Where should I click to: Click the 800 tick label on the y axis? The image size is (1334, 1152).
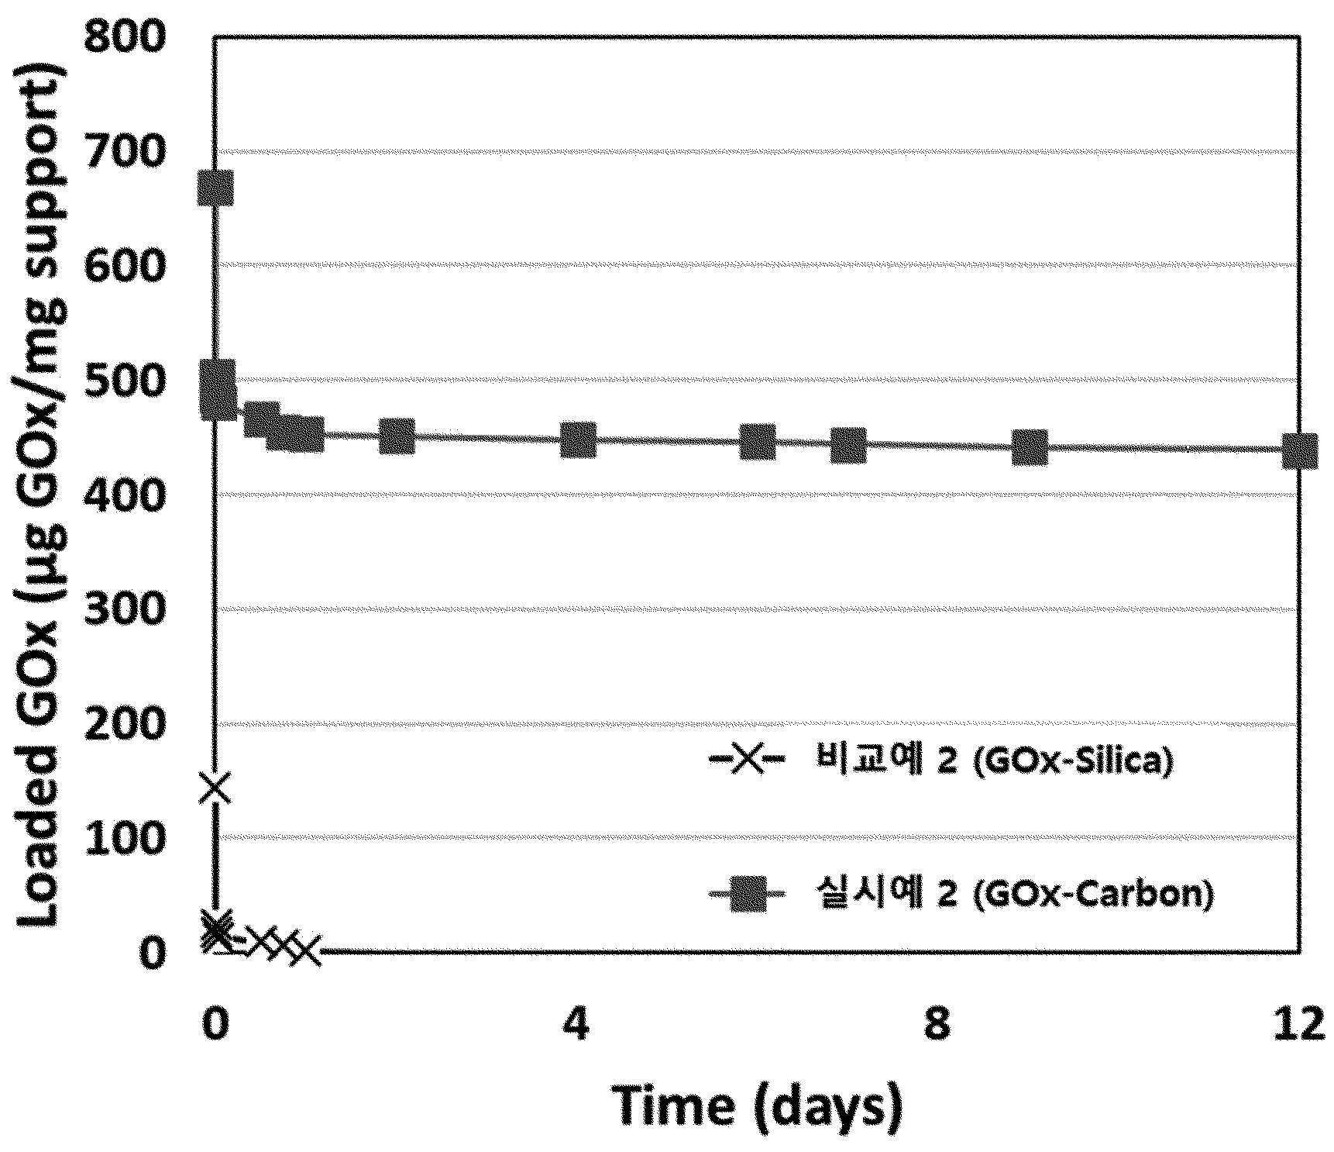pyautogui.click(x=125, y=36)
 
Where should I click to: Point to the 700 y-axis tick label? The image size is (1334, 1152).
pyautogui.click(x=125, y=150)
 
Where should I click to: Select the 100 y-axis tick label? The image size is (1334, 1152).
pyautogui.click(x=125, y=837)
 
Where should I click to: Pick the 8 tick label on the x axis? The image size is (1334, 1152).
pyautogui.click(x=937, y=1024)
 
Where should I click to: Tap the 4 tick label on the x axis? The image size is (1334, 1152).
pyautogui.click(x=576, y=1024)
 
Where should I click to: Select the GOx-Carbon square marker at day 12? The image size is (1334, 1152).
pyautogui.click(x=1299, y=450)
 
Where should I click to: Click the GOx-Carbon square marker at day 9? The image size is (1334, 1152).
pyautogui.click(x=1030, y=447)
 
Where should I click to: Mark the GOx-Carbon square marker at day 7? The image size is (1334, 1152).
pyautogui.click(x=848, y=445)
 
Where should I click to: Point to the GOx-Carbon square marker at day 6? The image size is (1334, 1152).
pyautogui.click(x=757, y=442)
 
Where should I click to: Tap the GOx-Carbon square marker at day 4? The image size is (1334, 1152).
pyautogui.click(x=578, y=440)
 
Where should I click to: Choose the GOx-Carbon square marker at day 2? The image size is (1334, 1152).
pyautogui.click(x=397, y=436)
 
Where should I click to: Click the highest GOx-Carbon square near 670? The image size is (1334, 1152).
pyautogui.click(x=215, y=188)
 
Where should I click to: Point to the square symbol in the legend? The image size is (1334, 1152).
pyautogui.click(x=748, y=894)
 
